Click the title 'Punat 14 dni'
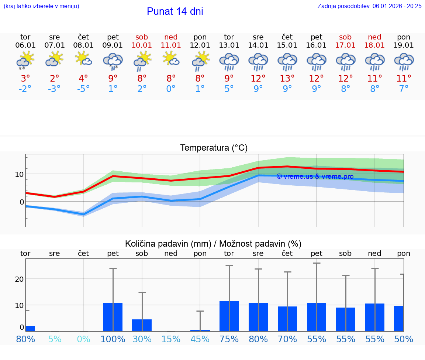[175, 11]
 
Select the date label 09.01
[113, 45]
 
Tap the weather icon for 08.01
[83, 59]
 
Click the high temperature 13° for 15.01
[287, 78]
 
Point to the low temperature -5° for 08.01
[83, 89]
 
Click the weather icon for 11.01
[171, 59]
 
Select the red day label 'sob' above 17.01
[345, 37]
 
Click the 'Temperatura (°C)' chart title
[214, 148]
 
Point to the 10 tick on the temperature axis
[20, 174]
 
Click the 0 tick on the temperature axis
[22, 202]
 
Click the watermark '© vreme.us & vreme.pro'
[315, 176]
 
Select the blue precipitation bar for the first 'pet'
[113, 317]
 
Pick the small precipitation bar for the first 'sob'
[142, 325]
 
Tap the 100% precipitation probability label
[113, 339]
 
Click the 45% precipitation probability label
[200, 339]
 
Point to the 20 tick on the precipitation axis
[19, 279]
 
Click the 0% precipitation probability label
[83, 339]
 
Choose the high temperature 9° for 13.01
[229, 78]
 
